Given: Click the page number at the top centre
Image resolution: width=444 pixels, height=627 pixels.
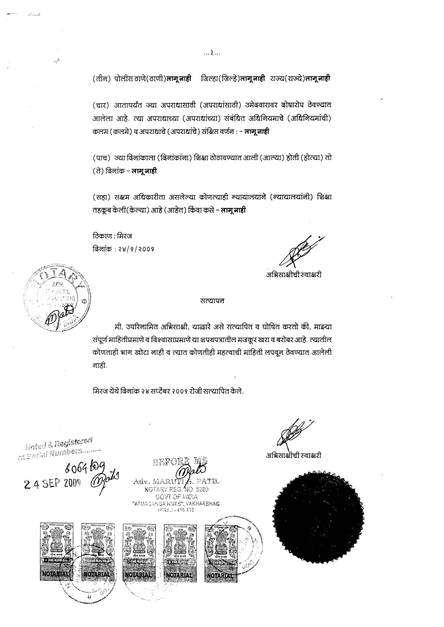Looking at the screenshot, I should pyautogui.click(x=212, y=53).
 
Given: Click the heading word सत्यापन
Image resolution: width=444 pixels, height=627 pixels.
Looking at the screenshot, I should pyautogui.click(x=212, y=301).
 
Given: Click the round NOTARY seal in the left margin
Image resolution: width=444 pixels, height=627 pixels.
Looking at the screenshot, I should pyautogui.click(x=57, y=299).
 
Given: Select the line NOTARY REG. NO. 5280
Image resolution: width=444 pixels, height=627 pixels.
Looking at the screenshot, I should pyautogui.click(x=177, y=489).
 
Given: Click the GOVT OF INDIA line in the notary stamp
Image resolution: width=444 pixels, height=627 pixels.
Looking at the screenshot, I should pyautogui.click(x=177, y=497).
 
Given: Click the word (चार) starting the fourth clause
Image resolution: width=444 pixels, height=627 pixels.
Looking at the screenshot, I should pyautogui.click(x=101, y=105).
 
